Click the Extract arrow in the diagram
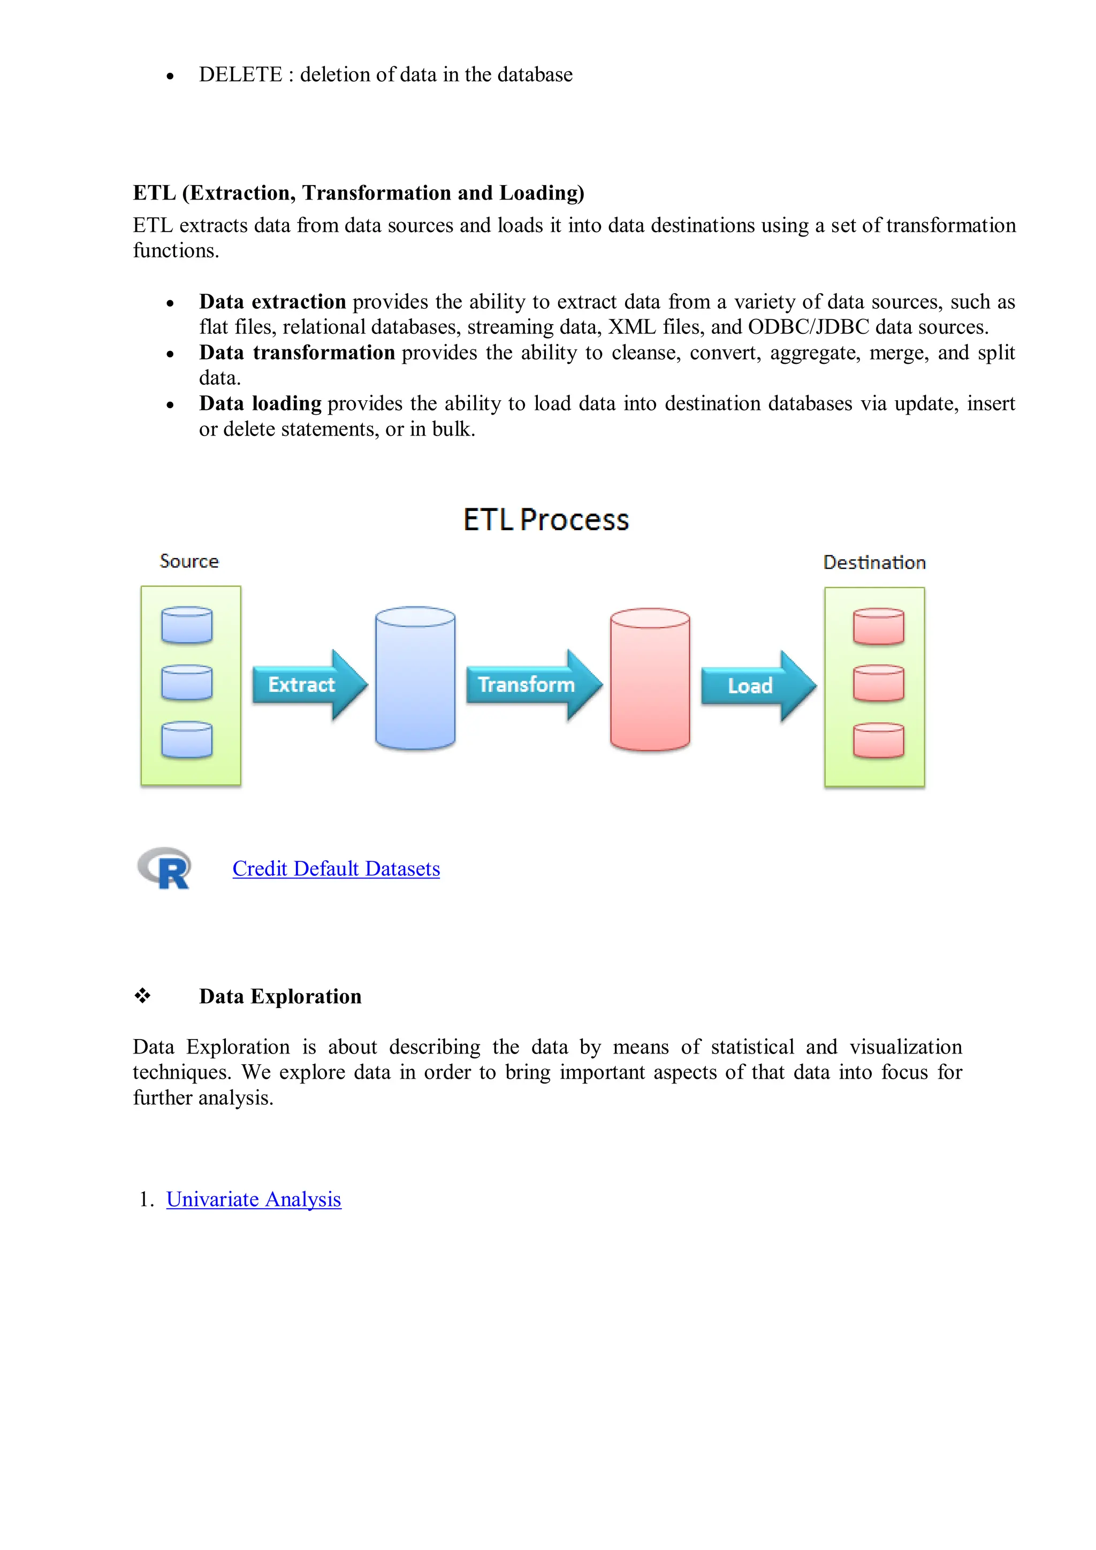coord(307,684)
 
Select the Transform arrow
coord(531,684)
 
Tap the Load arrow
coord(755,686)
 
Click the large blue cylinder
coord(415,678)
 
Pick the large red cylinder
coord(650,680)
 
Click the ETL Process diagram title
coord(546,520)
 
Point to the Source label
coord(189,561)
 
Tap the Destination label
coord(874,562)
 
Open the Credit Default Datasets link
coord(336,869)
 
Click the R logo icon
coord(165,868)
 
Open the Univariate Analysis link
coord(253,1200)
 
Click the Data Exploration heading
coord(280,996)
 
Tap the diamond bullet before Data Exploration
coord(142,996)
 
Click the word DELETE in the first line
coord(240,74)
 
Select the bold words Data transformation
coord(296,353)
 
